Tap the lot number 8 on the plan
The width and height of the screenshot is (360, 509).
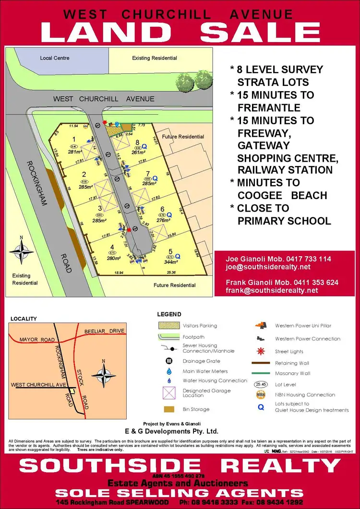point(137,142)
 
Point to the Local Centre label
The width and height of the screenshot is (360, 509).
point(55,58)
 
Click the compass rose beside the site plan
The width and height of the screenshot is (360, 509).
point(22,250)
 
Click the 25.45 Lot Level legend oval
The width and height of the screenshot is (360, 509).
point(261,384)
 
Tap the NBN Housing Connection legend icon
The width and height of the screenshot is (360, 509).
point(261,395)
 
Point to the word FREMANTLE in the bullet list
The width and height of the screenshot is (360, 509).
point(269,107)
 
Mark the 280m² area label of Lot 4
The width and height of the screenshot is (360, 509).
point(113,258)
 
